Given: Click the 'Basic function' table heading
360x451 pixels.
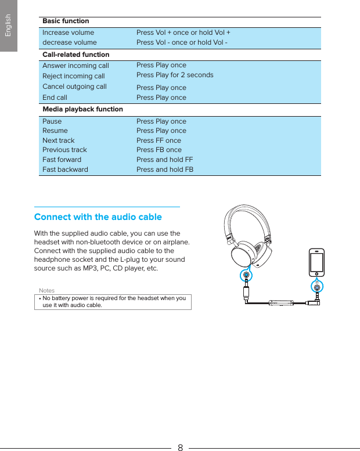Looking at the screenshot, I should (66, 21).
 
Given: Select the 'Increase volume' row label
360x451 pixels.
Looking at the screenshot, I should (68, 33).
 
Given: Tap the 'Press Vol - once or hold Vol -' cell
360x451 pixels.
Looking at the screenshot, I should (182, 42).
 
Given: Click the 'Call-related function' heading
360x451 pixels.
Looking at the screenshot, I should (75, 55).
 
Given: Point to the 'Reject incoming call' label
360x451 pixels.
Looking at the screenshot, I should (74, 76).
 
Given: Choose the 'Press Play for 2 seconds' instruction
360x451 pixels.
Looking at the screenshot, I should (175, 75).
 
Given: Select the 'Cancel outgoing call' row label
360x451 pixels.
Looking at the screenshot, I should (74, 86).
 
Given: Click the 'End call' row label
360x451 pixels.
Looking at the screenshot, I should (55, 98).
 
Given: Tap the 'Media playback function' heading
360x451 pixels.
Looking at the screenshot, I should (83, 109).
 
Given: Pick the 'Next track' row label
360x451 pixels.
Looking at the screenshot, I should (58, 140).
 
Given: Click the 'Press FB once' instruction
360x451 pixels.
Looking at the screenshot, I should (159, 150).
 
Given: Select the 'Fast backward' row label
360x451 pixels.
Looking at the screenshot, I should (65, 169).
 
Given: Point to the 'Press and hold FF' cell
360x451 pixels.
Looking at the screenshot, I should (164, 160).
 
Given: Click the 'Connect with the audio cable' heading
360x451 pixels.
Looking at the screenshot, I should (98, 217).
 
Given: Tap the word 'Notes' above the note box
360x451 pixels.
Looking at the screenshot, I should (46, 290).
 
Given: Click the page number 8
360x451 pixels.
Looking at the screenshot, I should (180, 447).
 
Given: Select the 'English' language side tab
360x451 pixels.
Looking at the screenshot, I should (8, 26).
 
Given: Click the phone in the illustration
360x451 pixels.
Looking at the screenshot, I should (316, 263).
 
